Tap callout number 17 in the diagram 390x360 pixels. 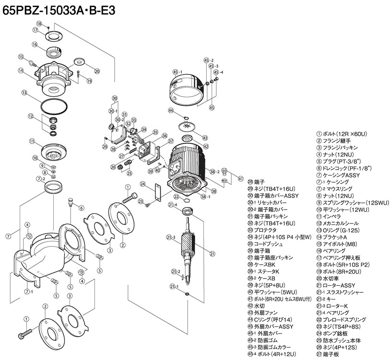pyautogui.click(x=35, y=30)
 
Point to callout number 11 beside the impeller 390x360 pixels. pyautogui.click(x=32, y=141)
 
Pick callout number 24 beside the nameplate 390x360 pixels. pyautogui.click(x=142, y=184)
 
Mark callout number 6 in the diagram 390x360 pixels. pyautogui.click(x=82, y=208)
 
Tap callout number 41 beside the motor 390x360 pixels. pyautogui.click(x=240, y=179)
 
